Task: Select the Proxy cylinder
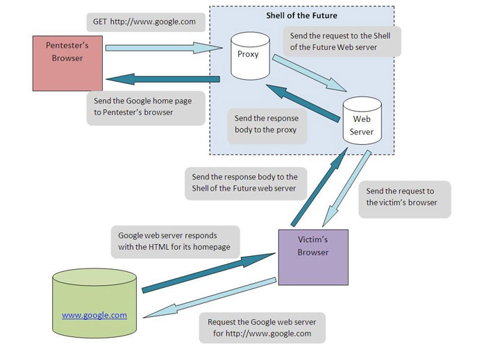click(x=248, y=54)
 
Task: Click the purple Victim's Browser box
click(x=312, y=257)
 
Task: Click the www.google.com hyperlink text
click(x=94, y=315)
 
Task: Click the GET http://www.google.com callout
click(x=144, y=22)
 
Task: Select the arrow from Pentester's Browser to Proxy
click(x=167, y=48)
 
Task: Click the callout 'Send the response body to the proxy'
click(x=266, y=124)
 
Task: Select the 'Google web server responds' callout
click(x=177, y=242)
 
